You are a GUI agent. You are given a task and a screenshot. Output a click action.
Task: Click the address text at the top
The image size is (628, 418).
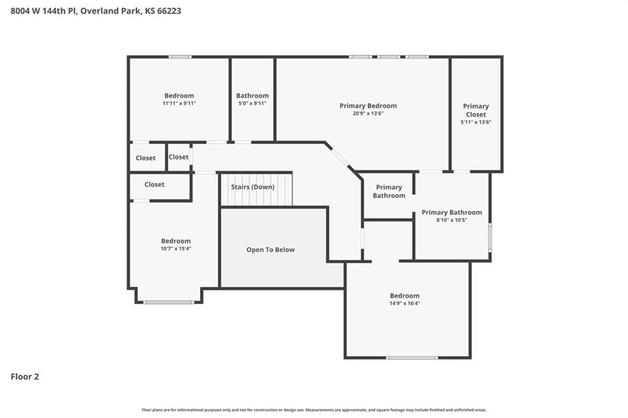[x=96, y=11]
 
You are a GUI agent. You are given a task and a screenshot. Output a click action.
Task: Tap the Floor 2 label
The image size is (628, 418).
[x=25, y=376]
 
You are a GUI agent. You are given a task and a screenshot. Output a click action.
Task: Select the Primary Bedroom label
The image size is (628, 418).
[x=368, y=106]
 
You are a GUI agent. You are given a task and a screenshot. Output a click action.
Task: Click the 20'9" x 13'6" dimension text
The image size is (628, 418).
[x=368, y=114]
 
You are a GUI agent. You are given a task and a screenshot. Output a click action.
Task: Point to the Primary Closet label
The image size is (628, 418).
[x=476, y=110]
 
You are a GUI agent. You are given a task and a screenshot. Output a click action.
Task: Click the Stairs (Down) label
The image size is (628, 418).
[x=253, y=187]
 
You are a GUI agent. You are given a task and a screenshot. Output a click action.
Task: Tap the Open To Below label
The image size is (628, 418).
[x=270, y=250]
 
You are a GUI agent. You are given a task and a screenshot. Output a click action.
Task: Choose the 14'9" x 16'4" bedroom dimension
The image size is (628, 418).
[x=405, y=303]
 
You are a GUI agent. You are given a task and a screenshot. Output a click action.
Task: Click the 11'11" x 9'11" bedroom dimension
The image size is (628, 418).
[x=179, y=103]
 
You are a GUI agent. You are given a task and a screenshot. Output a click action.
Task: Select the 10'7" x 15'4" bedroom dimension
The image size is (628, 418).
[x=176, y=249]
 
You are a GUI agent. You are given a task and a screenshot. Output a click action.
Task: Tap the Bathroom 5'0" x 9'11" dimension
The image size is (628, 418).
[x=252, y=103]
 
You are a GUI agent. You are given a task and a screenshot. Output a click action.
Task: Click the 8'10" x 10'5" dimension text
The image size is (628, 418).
[x=451, y=220]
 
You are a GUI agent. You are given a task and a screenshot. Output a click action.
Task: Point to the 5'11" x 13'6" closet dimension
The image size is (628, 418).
[x=476, y=122]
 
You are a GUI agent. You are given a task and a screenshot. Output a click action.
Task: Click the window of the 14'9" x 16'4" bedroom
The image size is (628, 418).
[x=412, y=357]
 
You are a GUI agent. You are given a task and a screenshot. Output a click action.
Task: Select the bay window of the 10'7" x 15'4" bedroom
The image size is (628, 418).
[x=169, y=302]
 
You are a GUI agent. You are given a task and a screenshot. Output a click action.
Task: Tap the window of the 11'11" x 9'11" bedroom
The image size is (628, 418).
[x=180, y=57]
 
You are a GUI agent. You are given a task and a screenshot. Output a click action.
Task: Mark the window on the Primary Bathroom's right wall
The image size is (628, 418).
[x=490, y=238]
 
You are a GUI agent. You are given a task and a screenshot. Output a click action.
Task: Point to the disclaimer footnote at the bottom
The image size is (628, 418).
[x=314, y=410]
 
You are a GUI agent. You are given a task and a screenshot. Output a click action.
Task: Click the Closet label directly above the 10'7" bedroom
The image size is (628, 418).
[x=154, y=184]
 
